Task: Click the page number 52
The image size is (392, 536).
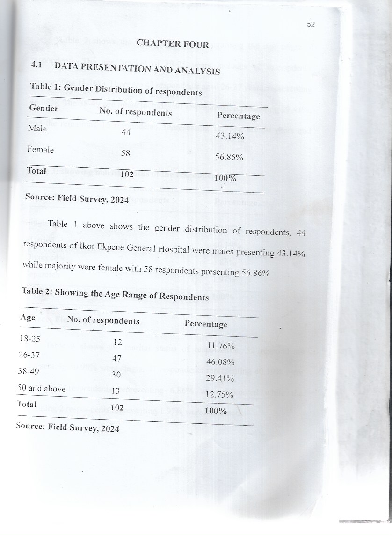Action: click(x=311, y=25)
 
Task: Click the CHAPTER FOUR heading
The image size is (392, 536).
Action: click(x=173, y=44)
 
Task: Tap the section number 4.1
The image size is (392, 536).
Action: click(x=37, y=66)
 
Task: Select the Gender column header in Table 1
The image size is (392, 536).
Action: click(x=44, y=109)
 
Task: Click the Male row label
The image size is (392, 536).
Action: click(x=37, y=129)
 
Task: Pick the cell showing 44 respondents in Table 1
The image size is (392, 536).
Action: click(x=126, y=132)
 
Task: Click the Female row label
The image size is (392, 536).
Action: click(x=41, y=150)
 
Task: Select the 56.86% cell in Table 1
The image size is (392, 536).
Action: click(x=229, y=158)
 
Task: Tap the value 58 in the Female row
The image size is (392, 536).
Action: click(x=125, y=153)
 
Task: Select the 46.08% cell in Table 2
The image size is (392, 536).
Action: click(x=220, y=362)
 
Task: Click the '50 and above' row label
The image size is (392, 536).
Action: click(x=41, y=388)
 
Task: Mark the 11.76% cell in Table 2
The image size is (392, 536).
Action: click(x=220, y=347)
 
